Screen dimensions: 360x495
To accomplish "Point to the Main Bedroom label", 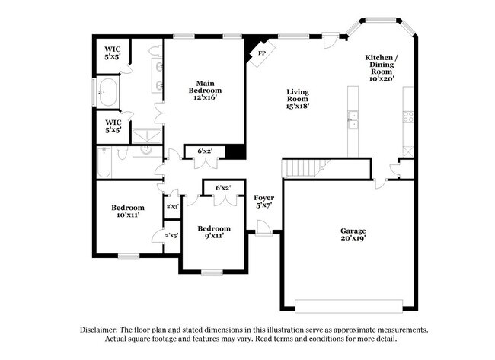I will [203, 87].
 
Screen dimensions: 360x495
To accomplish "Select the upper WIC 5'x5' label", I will [113, 53].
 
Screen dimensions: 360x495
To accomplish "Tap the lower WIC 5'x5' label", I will [113, 126].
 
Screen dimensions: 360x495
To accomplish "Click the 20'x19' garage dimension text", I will [353, 239].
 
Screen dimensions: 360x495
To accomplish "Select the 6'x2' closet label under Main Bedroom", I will [205, 151].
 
